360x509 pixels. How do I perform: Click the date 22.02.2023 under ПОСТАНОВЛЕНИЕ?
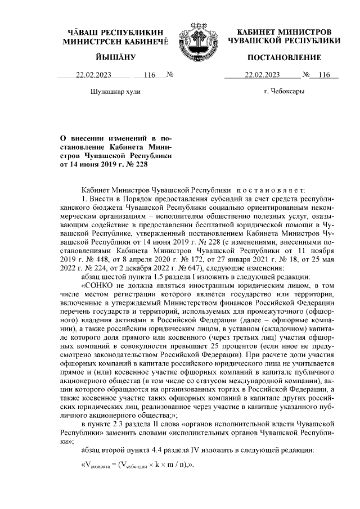(x=262, y=75)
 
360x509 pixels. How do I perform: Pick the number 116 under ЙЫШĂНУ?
(x=149, y=75)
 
